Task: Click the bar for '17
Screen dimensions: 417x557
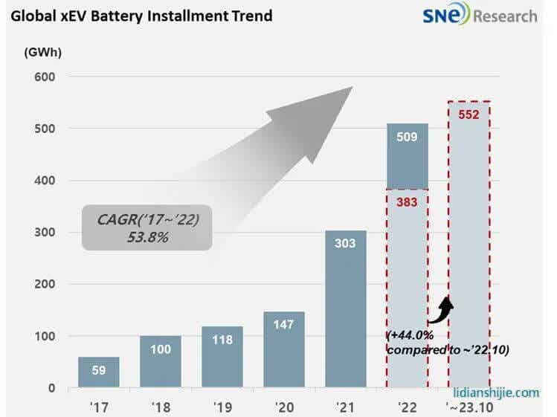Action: pyautogui.click(x=98, y=372)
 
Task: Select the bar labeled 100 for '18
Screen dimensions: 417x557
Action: pyautogui.click(x=160, y=361)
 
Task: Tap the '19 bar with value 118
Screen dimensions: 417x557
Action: pyautogui.click(x=222, y=357)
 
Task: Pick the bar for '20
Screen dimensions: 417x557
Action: pyautogui.click(x=283, y=349)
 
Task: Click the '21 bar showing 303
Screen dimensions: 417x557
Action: pyautogui.click(x=345, y=308)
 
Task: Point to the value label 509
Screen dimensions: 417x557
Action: pyautogui.click(x=407, y=137)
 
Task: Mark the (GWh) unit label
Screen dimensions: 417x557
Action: pyautogui.click(x=42, y=53)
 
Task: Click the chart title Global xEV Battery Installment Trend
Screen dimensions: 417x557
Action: pyautogui.click(x=141, y=15)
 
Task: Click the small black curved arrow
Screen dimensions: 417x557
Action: pyautogui.click(x=445, y=308)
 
